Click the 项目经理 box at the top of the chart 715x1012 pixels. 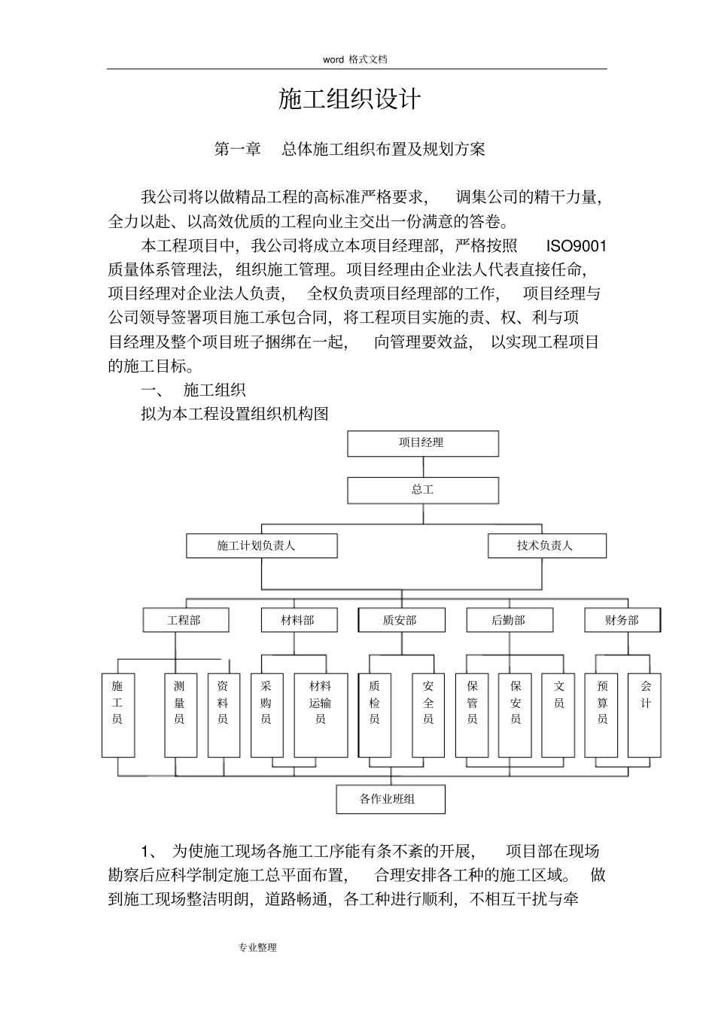pos(422,443)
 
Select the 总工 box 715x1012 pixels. pos(422,490)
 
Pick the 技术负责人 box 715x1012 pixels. pos(546,546)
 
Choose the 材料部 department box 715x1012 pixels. pos(297,620)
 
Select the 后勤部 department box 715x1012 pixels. pos(510,620)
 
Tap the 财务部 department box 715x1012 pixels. pos(622,620)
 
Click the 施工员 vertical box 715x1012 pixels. pos(118,715)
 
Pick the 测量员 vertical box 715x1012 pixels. pos(180,715)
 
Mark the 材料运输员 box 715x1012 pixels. pos(321,715)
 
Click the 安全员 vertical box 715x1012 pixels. pos(428,715)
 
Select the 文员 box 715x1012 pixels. pos(558,715)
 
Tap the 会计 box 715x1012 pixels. pos(645,715)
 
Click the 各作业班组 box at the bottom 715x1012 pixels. pos(390,799)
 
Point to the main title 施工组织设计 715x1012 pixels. pos(349,99)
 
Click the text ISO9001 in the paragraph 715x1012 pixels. pos(576,246)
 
